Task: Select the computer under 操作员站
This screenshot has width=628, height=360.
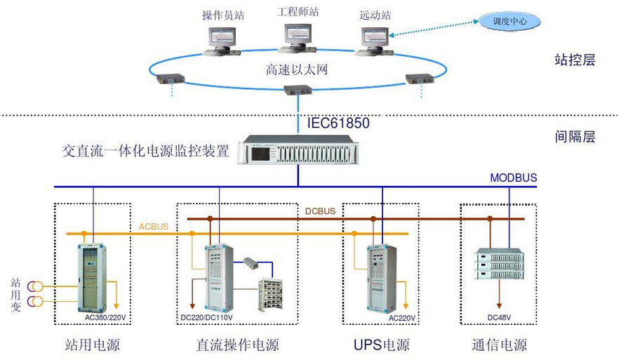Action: tap(222, 39)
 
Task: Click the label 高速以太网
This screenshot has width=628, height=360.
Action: tap(297, 70)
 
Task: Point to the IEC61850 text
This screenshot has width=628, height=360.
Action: tap(338, 124)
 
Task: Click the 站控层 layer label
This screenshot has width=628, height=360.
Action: tap(575, 60)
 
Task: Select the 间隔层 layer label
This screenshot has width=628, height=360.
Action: tap(575, 137)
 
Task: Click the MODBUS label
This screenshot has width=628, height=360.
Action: tap(514, 178)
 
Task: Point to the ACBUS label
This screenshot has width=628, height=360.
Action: tap(154, 226)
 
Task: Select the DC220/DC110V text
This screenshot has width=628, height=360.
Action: tap(206, 317)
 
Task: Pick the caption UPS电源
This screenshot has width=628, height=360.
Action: tap(382, 345)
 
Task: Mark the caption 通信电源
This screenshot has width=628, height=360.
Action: tap(500, 345)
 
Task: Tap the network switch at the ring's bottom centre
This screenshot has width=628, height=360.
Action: tap(298, 90)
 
